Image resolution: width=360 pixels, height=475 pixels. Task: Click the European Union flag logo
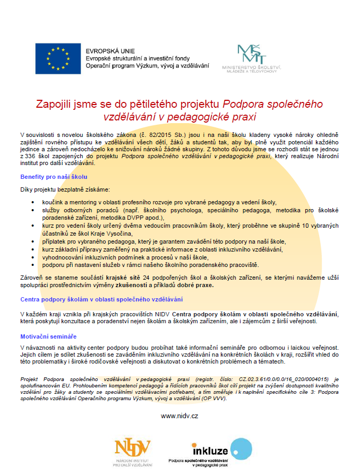[58, 58]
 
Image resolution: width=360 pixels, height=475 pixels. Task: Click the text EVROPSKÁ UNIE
[106, 51]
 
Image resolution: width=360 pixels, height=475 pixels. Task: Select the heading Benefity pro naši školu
[54, 177]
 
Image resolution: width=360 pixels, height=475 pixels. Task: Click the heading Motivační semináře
[48, 336]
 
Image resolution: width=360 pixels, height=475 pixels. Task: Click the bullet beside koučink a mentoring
[35, 203]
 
